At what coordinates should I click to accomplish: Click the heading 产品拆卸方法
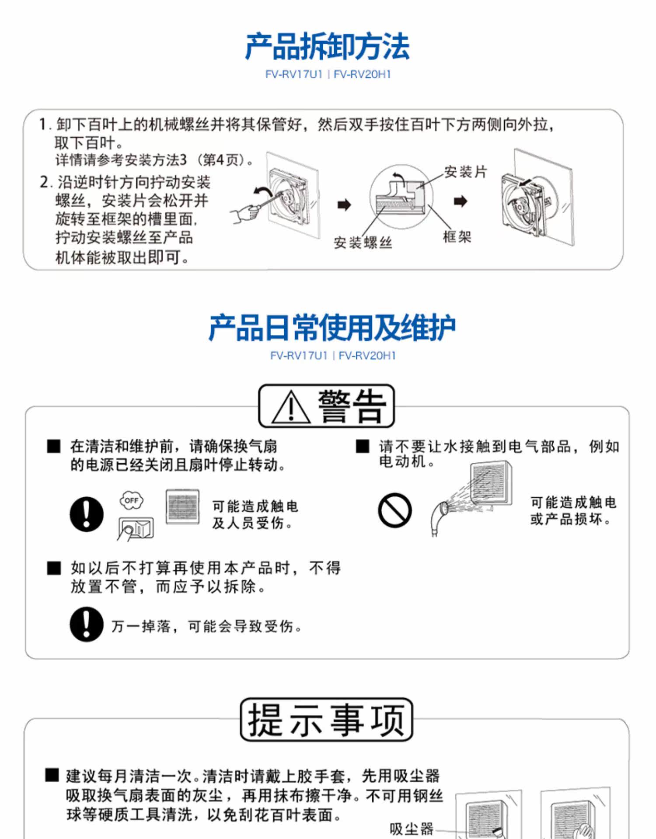[327, 46]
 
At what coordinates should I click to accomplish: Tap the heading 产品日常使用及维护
[332, 328]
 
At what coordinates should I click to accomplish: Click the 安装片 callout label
[465, 172]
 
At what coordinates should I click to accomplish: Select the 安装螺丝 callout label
[363, 243]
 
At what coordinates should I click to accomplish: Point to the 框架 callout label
[457, 237]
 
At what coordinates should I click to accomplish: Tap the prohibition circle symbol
[394, 510]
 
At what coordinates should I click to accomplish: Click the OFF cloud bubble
[131, 500]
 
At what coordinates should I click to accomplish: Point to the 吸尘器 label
[411, 828]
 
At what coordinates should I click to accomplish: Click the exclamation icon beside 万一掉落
[87, 624]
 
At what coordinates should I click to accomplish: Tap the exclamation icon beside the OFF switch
[87, 514]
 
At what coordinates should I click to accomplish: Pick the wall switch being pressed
[136, 529]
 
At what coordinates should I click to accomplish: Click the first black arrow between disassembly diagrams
[345, 204]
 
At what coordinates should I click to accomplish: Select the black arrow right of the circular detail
[460, 201]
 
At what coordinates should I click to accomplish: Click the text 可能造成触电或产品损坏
[573, 510]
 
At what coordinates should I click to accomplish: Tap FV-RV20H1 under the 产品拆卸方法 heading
[362, 74]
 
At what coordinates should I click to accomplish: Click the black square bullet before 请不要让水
[363, 447]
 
